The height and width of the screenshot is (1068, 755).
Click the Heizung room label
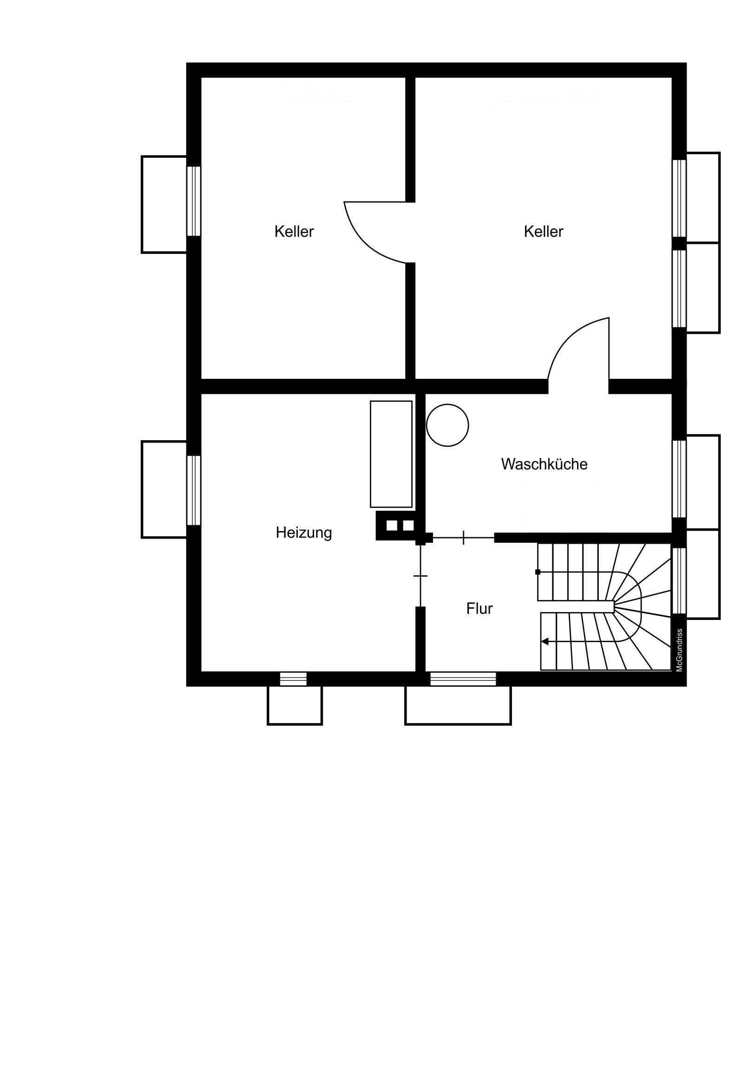[303, 533]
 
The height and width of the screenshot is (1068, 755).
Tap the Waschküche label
[544, 464]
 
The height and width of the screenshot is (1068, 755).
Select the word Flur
[479, 608]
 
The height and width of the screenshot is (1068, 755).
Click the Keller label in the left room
[294, 231]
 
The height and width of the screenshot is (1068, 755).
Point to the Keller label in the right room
[544, 231]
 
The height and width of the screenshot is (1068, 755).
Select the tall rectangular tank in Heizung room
[391, 454]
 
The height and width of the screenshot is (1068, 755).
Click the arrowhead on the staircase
[544, 642]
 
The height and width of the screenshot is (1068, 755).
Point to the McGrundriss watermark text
[679, 650]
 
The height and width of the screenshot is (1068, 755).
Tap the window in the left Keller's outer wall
[194, 201]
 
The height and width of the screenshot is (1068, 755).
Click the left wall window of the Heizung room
[194, 490]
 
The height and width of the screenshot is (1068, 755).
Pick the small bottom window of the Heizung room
[293, 679]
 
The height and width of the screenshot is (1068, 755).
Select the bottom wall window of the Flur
[463, 679]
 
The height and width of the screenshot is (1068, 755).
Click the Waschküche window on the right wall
[680, 479]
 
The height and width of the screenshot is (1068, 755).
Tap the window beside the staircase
[680, 580]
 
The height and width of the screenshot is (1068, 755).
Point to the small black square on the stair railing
[538, 572]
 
